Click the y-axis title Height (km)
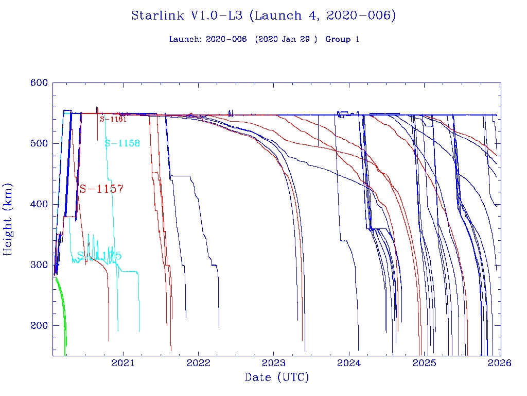tap(8, 219)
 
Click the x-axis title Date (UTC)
tap(277, 378)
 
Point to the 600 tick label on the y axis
tap(39, 83)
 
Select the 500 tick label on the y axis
tap(39, 143)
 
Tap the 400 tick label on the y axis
tap(39, 204)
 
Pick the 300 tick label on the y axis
tap(39, 265)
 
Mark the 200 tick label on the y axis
tap(39, 325)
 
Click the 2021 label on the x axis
tap(123, 363)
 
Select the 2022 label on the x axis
tap(199, 363)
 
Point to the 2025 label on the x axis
tap(425, 363)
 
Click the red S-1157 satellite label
tap(101, 189)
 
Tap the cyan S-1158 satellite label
tap(122, 143)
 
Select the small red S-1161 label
tap(113, 119)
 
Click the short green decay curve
tap(62, 304)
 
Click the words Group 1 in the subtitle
tap(342, 39)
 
